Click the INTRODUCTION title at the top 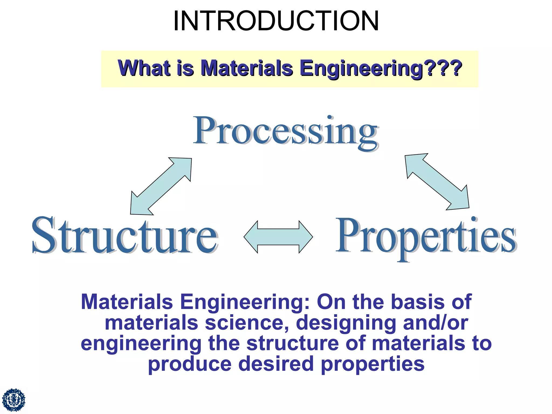276,21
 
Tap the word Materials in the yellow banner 247,68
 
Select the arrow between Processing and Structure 161,186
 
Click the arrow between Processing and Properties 437,182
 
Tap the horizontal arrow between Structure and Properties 278,237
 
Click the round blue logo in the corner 13,400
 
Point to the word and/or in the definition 435,323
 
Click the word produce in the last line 190,365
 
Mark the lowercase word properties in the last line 373,365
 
